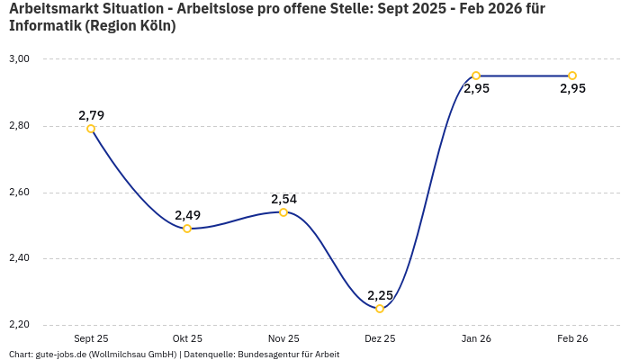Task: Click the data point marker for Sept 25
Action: point(91,129)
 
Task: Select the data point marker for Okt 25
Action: point(187,229)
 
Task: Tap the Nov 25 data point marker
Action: point(283,212)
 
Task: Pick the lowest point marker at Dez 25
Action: point(380,309)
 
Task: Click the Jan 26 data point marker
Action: point(476,76)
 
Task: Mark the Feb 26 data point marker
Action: point(572,76)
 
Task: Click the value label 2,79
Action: point(91,115)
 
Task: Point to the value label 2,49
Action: point(187,215)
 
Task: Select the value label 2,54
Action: point(283,199)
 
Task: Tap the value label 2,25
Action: point(380,295)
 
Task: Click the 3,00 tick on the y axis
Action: point(19,59)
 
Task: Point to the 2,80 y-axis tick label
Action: point(19,126)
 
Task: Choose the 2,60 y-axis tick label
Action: point(19,193)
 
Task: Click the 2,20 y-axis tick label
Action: point(19,325)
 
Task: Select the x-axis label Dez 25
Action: point(380,338)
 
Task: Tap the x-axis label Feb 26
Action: point(572,338)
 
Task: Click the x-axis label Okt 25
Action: point(187,338)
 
